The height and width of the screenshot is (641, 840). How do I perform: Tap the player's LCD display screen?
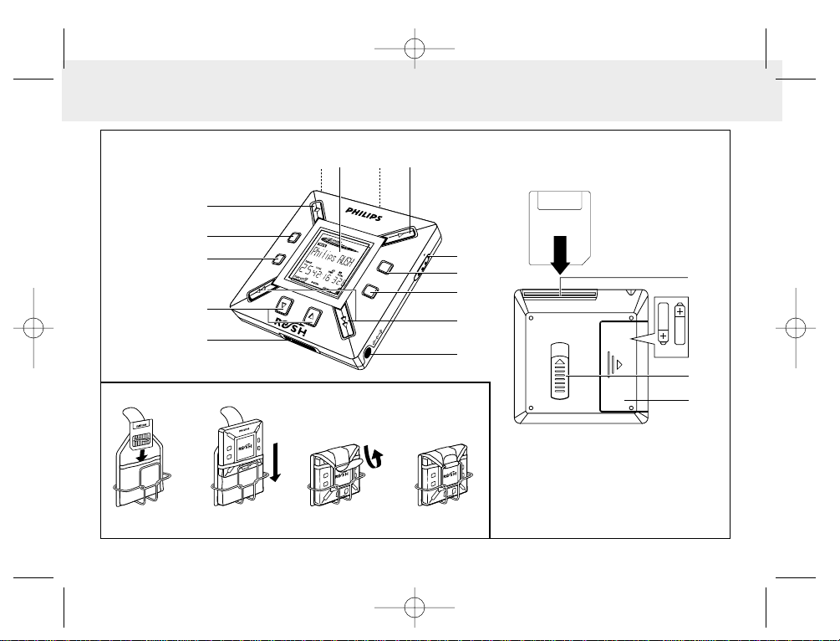click(328, 265)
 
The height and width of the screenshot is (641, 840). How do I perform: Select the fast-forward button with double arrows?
click(348, 322)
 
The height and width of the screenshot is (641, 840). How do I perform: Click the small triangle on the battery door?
click(619, 365)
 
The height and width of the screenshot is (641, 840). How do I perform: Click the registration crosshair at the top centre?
click(415, 49)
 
